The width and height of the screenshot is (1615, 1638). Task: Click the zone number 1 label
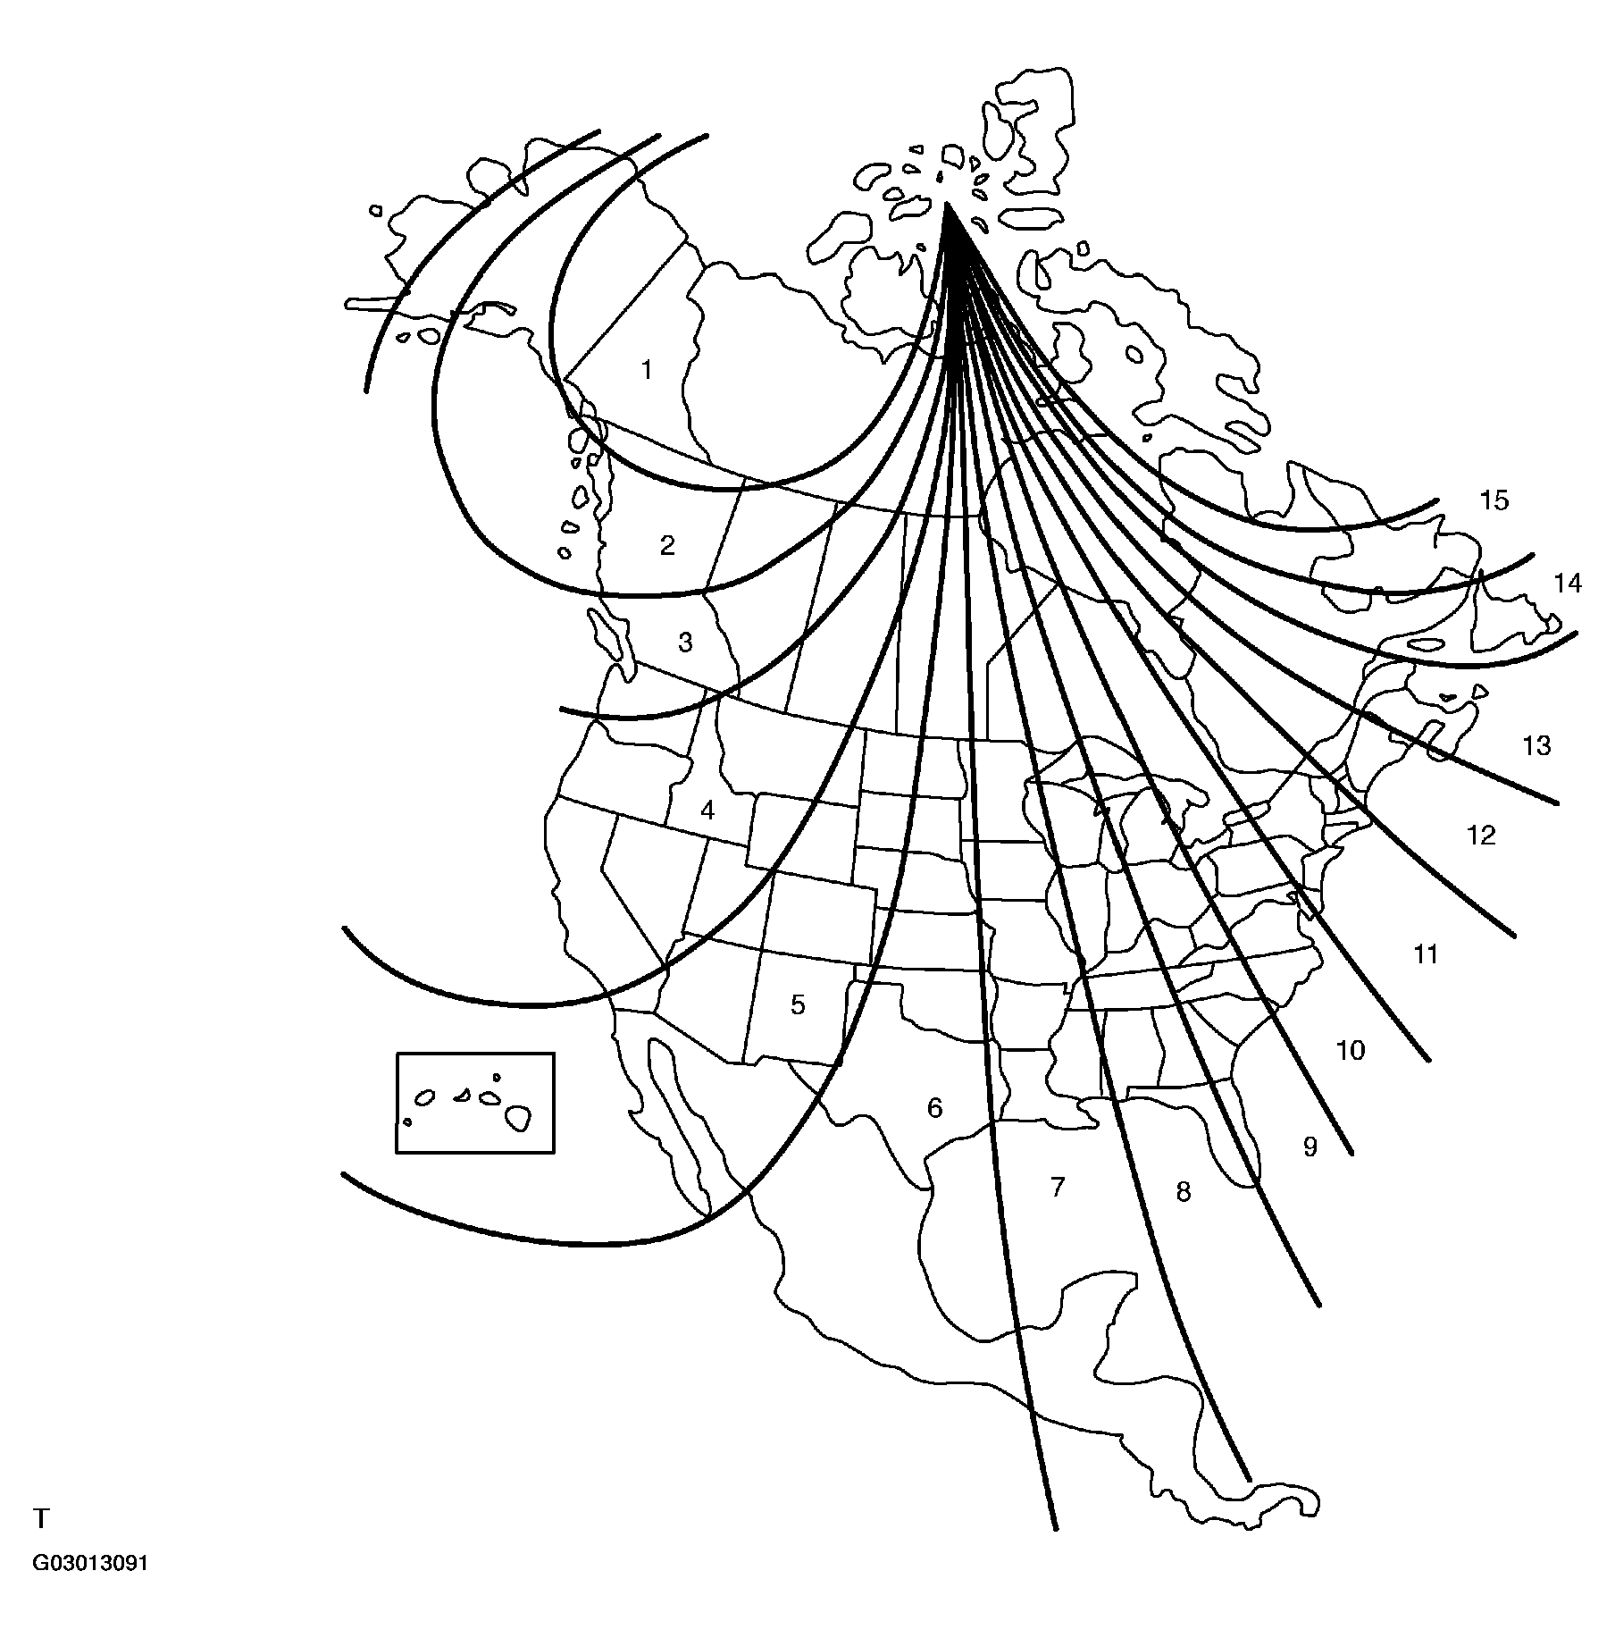point(648,370)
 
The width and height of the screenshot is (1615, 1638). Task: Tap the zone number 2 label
point(667,545)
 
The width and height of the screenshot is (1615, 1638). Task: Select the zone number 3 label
point(685,643)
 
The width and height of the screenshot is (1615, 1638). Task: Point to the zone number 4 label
point(707,811)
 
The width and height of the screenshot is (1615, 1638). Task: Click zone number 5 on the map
point(798,1004)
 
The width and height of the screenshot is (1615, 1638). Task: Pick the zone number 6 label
point(934,1108)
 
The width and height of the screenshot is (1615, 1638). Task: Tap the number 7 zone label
point(1058,1187)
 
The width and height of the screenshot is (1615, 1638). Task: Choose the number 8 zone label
point(1184,1191)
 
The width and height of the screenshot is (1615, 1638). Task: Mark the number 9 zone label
point(1310,1147)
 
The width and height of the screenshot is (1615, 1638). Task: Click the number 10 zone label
point(1351,1050)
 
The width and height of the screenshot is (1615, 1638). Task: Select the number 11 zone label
point(1426,954)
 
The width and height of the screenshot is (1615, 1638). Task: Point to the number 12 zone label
point(1481,835)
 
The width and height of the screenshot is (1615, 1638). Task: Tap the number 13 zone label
point(1536,745)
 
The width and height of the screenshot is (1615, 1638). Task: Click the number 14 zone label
point(1568,584)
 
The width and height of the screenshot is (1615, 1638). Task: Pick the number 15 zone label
point(1494,500)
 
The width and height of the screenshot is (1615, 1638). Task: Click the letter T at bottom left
point(41,1518)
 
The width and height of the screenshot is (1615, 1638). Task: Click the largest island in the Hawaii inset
point(517,1116)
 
